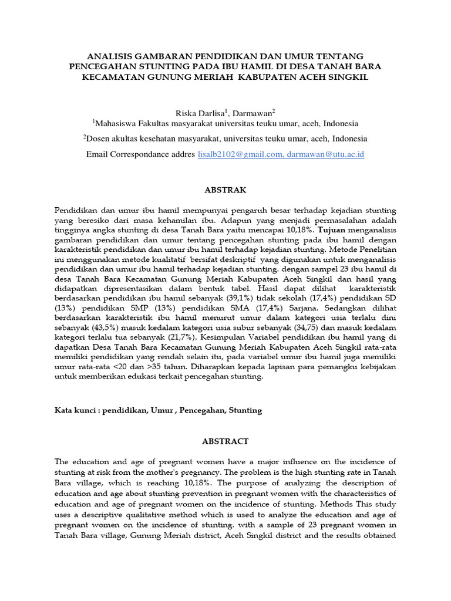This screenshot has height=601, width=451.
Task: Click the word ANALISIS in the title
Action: coord(107,55)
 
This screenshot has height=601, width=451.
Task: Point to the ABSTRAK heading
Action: coord(225,190)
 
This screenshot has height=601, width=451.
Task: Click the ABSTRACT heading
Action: coord(225,441)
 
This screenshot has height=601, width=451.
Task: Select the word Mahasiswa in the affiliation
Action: coord(114,124)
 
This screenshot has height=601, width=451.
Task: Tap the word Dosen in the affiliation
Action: coord(97,139)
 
